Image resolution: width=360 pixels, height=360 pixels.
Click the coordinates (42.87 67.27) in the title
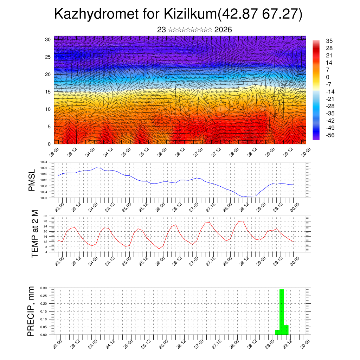[x=260, y=14]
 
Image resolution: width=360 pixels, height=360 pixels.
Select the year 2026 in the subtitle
[x=223, y=30]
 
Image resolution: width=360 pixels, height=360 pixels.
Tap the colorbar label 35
[x=329, y=41]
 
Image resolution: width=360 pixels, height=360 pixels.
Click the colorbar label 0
[x=328, y=77]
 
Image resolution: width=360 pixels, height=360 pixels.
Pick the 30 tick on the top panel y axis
[x=47, y=39]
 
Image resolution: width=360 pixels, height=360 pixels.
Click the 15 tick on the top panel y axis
[x=47, y=92]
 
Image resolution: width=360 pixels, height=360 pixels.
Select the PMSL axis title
[x=32, y=180]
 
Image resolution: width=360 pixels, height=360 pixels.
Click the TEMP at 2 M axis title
[x=35, y=234]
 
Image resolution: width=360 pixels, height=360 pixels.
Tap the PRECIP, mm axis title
[x=31, y=311]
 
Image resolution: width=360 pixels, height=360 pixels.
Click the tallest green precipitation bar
[x=282, y=309]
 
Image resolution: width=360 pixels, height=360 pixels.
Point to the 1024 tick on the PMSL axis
[x=44, y=162]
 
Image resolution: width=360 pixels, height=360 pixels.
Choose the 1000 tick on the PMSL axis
[x=44, y=198]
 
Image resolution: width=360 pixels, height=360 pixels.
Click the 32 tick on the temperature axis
[x=45, y=216]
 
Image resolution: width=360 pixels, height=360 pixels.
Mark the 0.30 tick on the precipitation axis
[x=44, y=288]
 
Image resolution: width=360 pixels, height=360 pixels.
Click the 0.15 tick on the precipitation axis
[x=44, y=311]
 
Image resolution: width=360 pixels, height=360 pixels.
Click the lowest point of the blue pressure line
[x=243, y=197]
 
